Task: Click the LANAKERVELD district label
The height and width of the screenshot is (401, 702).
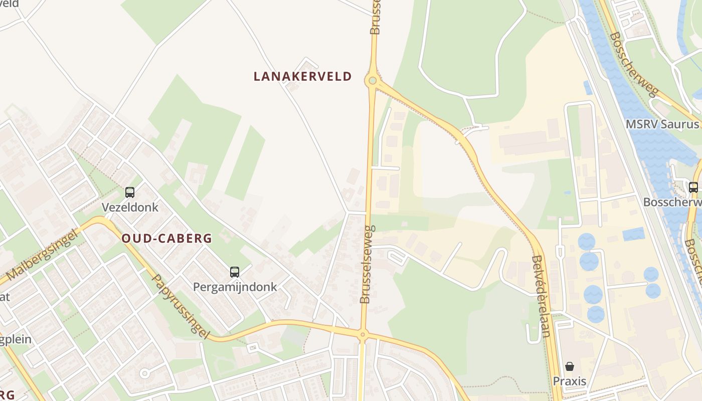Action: point(302,76)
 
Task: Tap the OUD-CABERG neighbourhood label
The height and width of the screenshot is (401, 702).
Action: point(167,239)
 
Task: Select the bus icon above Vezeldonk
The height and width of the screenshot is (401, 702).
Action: point(130,192)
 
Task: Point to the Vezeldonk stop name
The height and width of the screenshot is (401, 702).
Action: point(130,207)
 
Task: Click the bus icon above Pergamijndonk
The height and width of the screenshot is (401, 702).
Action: point(234,272)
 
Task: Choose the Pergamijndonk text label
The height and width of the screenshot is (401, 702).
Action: point(235,287)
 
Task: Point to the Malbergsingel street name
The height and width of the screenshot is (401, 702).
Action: point(43,256)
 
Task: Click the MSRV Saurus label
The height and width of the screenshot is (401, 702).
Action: point(662,124)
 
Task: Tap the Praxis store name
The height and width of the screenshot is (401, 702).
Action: point(569,381)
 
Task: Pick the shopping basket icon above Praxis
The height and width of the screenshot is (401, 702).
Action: point(569,366)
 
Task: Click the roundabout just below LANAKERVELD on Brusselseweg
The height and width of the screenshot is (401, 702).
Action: point(372,80)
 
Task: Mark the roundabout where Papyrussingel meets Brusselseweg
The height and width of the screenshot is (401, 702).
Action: point(363,334)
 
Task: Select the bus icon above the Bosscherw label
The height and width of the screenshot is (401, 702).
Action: point(693,187)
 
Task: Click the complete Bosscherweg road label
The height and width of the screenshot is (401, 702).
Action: point(634,64)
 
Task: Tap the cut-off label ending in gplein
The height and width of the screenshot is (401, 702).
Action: point(15,339)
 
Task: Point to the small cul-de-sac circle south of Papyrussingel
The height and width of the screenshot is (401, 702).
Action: point(145,373)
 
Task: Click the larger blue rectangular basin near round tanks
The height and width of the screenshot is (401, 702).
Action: point(634,234)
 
